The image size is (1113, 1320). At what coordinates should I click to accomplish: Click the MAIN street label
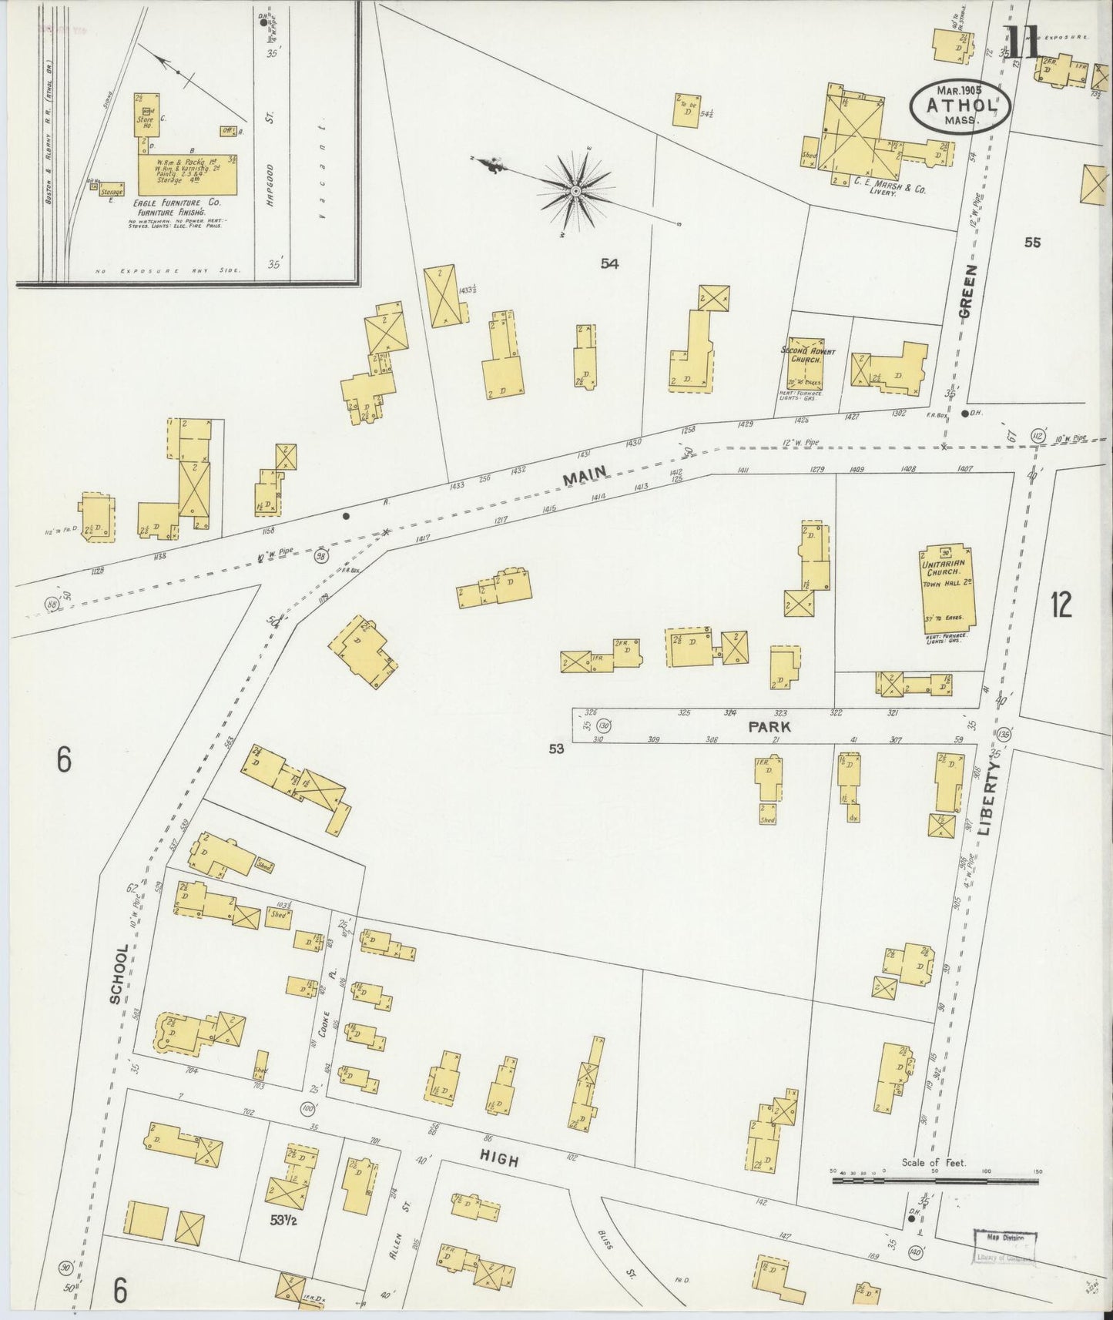585,476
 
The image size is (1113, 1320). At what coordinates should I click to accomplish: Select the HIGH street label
499,1160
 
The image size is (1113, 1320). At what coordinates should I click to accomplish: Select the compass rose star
575,189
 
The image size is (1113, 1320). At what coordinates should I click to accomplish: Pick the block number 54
610,264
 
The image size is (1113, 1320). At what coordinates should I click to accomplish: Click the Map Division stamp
1004,1237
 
